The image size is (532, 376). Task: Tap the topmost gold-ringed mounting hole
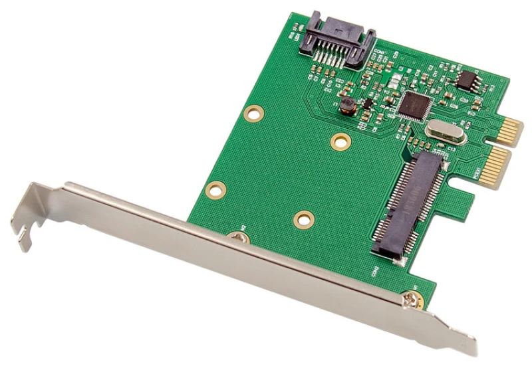(x=253, y=112)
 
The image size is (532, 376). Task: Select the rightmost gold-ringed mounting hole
(x=340, y=141)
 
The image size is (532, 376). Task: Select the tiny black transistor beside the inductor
(x=365, y=104)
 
